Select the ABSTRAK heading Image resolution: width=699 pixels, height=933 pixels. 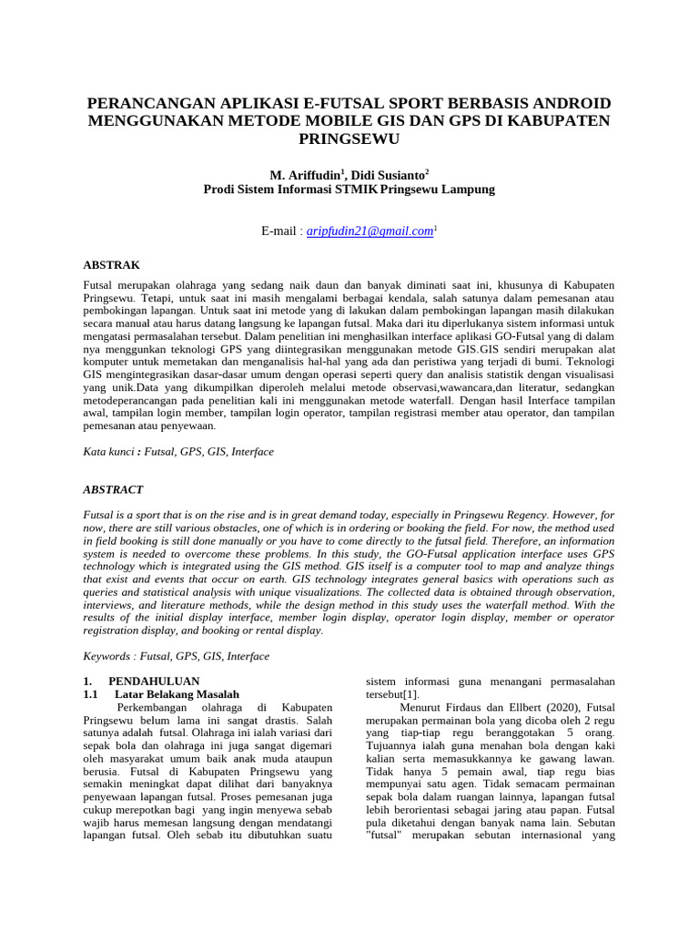[x=111, y=265]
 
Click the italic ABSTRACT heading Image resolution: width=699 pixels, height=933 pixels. [x=114, y=489]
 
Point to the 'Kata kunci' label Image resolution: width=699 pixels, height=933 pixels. [x=107, y=451]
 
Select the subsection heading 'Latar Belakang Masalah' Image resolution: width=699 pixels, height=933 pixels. [x=177, y=694]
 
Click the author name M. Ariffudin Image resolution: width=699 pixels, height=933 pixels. [x=305, y=174]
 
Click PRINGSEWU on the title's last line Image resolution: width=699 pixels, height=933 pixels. [x=349, y=138]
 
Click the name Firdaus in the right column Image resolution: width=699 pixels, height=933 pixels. [x=464, y=707]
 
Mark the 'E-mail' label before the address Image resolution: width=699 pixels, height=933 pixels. [x=279, y=232]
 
